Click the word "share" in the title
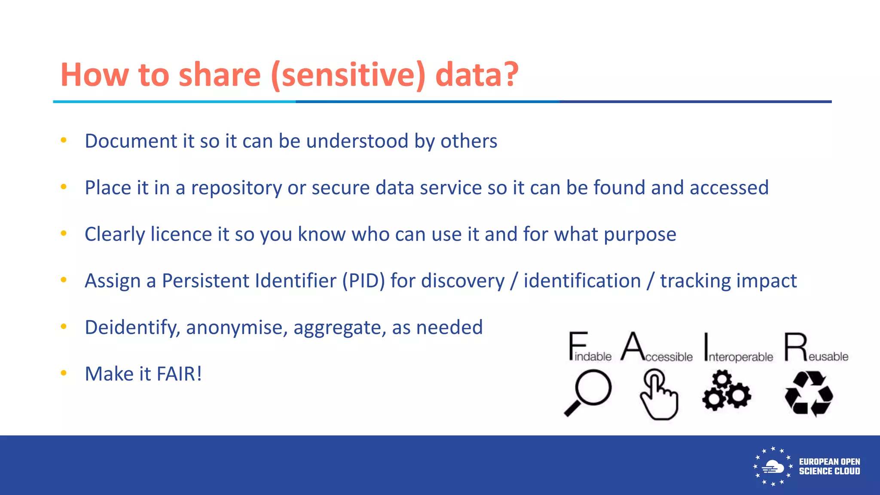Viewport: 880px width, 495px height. (x=219, y=75)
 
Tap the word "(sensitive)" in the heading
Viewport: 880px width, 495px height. (x=348, y=75)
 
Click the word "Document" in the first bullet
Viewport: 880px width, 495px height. (x=131, y=141)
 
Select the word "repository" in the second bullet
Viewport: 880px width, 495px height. (x=236, y=188)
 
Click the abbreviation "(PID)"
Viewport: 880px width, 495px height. (x=364, y=281)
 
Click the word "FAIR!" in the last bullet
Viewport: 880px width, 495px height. (x=179, y=374)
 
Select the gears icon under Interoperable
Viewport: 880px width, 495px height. (x=727, y=391)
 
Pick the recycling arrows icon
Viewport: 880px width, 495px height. (x=809, y=394)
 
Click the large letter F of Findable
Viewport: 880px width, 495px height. (x=577, y=345)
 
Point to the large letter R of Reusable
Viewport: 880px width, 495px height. (x=795, y=346)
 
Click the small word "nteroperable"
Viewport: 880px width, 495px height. (x=741, y=357)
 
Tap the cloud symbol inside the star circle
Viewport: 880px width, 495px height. (x=773, y=467)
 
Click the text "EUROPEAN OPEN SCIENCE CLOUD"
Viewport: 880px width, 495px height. (x=829, y=467)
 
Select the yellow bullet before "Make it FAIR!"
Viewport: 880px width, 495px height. (x=64, y=373)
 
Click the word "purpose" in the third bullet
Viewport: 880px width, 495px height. (x=640, y=235)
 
